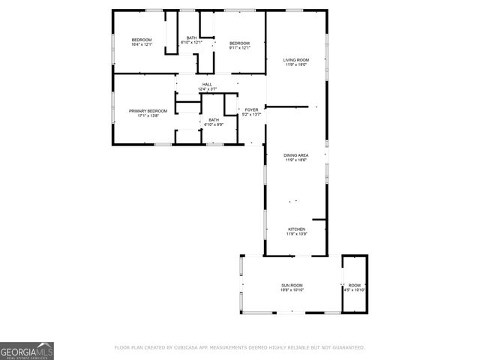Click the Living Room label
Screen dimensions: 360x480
295,60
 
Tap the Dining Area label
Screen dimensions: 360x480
295,155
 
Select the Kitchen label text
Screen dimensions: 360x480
295,229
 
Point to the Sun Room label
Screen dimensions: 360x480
292,285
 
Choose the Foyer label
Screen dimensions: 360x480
252,109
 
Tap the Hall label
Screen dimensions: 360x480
207,85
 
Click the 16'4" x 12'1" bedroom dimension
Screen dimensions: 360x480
142,43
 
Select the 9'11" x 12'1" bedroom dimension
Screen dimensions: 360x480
239,47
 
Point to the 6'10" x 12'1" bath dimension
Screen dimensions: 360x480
192,43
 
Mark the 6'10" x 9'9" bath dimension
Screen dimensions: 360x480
214,124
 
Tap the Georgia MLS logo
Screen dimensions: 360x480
27,350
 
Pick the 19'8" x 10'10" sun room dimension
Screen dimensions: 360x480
292,289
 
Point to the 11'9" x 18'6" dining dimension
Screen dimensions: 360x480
295,160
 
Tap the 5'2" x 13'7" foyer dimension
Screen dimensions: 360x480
252,114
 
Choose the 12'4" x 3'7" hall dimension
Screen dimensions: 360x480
207,89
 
